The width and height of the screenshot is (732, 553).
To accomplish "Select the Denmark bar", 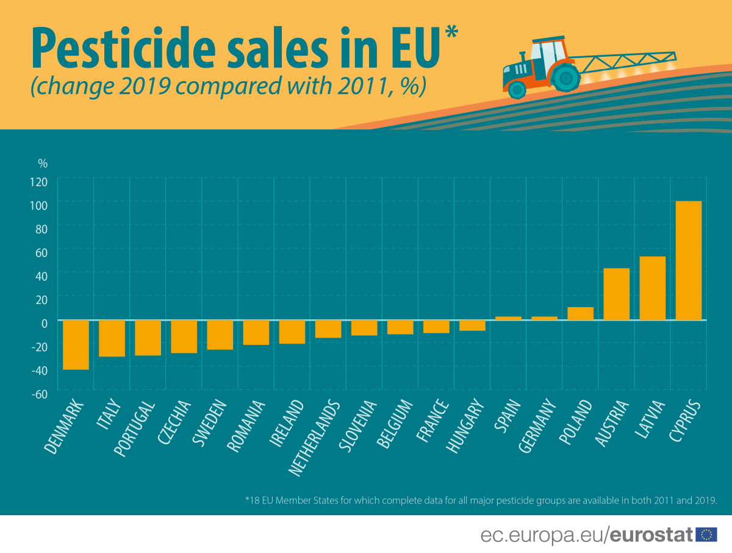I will tap(76, 345).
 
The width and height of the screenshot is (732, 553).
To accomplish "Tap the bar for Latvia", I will tap(652, 288).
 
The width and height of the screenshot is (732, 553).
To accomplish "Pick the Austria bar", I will tap(616, 294).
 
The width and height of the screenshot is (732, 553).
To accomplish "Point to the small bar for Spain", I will tap(508, 318).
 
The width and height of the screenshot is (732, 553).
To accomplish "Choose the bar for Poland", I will tap(580, 314).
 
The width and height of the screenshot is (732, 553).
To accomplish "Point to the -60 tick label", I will tap(39, 394).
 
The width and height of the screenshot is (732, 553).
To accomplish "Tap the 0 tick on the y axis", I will tap(44, 323).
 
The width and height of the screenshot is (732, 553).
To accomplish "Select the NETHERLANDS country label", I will tap(314, 438).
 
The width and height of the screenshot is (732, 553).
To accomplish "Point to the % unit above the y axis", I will tap(43, 164).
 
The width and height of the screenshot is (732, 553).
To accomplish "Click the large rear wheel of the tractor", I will tap(566, 77).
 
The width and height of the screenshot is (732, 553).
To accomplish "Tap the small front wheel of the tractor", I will tap(517, 90).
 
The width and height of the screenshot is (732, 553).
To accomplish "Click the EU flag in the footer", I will tap(706, 535).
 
